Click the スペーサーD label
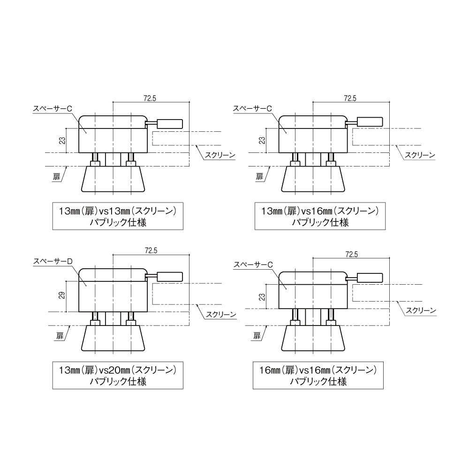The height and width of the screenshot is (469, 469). click(52, 261)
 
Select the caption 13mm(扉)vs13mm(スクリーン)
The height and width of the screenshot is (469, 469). click(117, 211)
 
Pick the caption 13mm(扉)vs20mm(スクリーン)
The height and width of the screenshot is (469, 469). click(117, 370)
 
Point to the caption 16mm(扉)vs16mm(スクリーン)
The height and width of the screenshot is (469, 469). click(318, 370)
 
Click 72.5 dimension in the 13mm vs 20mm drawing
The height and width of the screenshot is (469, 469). click(151, 251)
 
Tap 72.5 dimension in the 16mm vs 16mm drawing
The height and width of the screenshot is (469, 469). click(351, 254)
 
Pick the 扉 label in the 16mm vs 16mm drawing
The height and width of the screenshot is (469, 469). click(257, 336)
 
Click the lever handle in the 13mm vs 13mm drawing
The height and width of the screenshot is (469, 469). click(169, 123)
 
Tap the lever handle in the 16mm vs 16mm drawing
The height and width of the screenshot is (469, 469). click(370, 278)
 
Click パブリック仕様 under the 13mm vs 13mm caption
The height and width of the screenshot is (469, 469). click(118, 222)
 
